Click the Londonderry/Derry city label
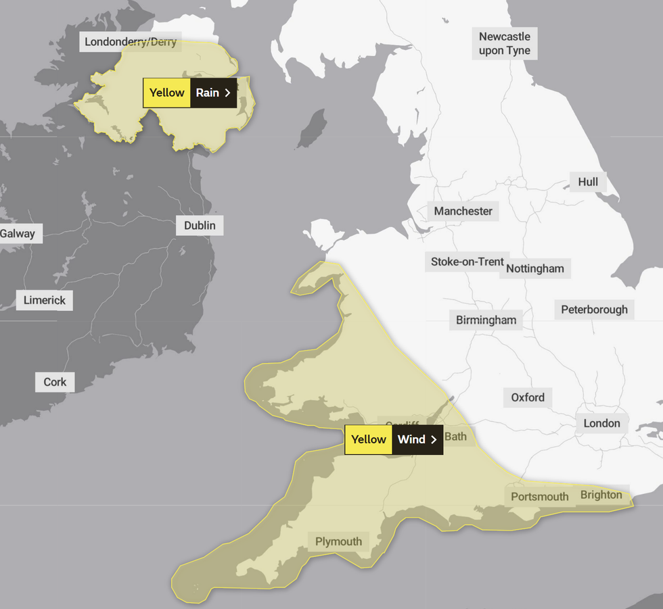click(x=131, y=42)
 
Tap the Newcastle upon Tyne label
click(x=505, y=43)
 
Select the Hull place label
click(x=588, y=182)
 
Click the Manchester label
click(x=463, y=211)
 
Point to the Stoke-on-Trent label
click(x=467, y=262)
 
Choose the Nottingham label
click(x=535, y=268)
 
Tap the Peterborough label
click(x=594, y=310)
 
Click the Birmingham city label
click(x=486, y=320)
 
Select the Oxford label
click(x=528, y=397)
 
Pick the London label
click(x=601, y=423)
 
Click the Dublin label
click(x=200, y=225)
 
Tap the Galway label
click(x=18, y=234)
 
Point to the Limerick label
click(x=45, y=300)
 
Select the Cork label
click(x=55, y=382)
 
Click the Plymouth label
click(x=338, y=541)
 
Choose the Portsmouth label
click(x=539, y=497)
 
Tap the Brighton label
click(x=601, y=495)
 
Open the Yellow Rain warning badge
click(x=189, y=93)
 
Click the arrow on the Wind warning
click(x=434, y=440)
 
